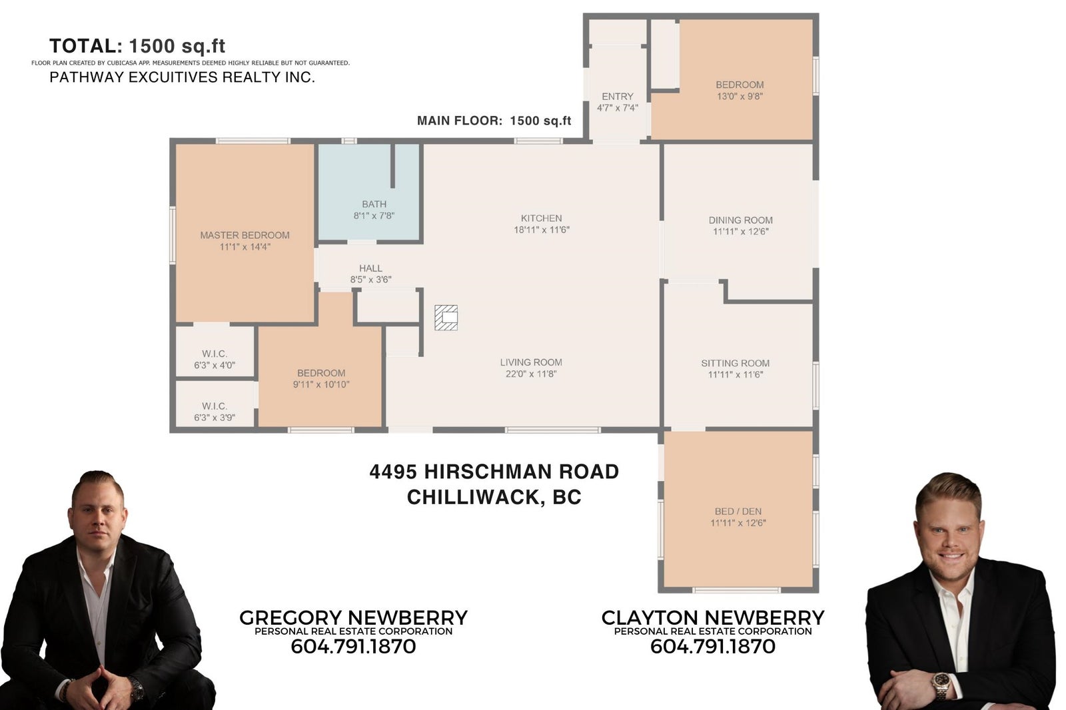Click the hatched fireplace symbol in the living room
(x=446, y=318)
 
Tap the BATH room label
(x=374, y=204)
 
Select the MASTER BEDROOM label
(x=245, y=235)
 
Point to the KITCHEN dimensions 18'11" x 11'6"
(x=542, y=230)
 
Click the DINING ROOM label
(x=740, y=220)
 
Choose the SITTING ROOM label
(x=736, y=363)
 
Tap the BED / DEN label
(x=738, y=512)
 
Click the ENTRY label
(x=618, y=97)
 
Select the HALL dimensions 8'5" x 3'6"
(x=370, y=280)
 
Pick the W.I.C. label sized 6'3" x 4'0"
(x=215, y=354)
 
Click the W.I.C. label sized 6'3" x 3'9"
(x=215, y=406)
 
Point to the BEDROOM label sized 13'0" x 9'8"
(x=740, y=85)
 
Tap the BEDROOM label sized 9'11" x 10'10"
(x=321, y=373)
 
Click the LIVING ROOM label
(x=531, y=362)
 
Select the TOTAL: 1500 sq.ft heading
(x=137, y=46)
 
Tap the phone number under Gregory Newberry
(x=353, y=647)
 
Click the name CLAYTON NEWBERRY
(x=713, y=617)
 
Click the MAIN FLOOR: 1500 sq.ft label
(x=494, y=121)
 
